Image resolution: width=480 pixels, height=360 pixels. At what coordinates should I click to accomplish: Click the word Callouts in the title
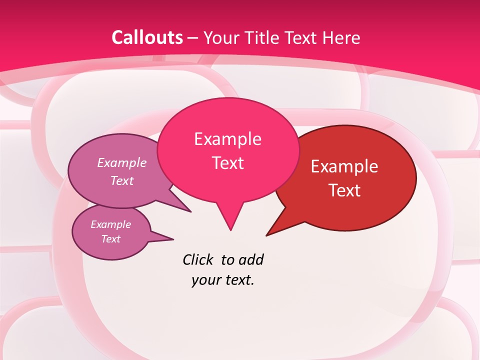pyautogui.click(x=147, y=37)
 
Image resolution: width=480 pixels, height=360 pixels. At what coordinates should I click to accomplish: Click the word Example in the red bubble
pyautogui.click(x=344, y=166)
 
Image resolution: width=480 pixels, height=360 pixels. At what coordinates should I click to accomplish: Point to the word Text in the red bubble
pyautogui.click(x=344, y=190)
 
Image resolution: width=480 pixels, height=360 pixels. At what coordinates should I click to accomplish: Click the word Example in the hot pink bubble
pyautogui.click(x=227, y=139)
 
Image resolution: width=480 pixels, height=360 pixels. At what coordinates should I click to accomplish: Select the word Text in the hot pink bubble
pyautogui.click(x=227, y=163)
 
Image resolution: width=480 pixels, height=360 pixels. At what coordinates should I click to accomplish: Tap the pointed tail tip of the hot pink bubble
pyautogui.click(x=230, y=229)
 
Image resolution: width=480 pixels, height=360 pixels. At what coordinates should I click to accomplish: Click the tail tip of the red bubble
pyautogui.click(x=267, y=234)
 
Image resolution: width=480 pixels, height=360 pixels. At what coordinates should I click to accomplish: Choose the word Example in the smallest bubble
pyautogui.click(x=110, y=224)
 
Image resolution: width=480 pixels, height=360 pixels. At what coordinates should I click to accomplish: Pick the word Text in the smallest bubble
pyautogui.click(x=110, y=239)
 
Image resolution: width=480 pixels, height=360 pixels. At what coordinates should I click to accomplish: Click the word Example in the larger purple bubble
pyautogui.click(x=122, y=162)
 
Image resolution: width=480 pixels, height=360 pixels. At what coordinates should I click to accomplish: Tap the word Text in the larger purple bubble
pyautogui.click(x=122, y=180)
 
